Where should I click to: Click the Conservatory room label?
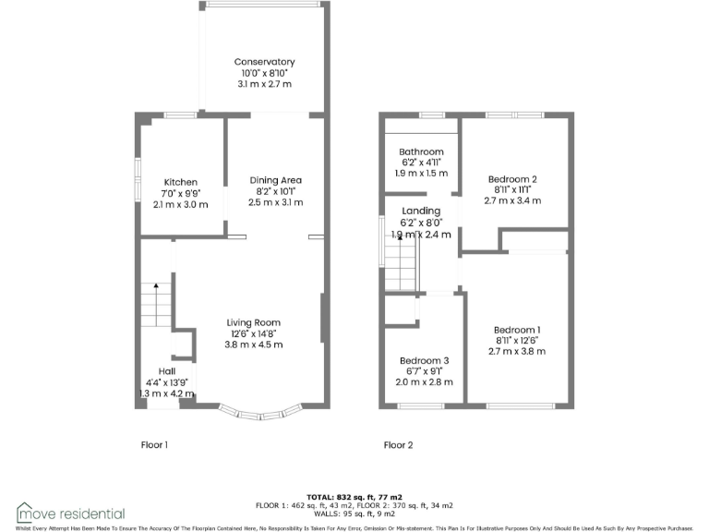[x=264, y=62]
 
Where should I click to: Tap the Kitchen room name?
[x=180, y=182]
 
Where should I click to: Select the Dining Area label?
[x=276, y=180]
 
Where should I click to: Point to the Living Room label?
[x=254, y=322]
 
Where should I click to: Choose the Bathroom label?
[x=421, y=151]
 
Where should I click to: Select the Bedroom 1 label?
[x=517, y=330]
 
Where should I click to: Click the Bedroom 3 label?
[x=425, y=360]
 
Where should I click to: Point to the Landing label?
[x=421, y=212]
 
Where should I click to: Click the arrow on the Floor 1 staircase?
[x=156, y=288]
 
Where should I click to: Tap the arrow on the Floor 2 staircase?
[x=400, y=245]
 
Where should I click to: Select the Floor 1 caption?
[x=153, y=445]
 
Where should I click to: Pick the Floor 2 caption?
[x=398, y=445]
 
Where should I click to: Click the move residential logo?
[x=70, y=513]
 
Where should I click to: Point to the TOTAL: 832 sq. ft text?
[x=354, y=497]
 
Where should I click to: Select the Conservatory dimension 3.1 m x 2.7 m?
[x=264, y=84]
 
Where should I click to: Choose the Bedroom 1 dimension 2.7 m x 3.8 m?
[x=517, y=352]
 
